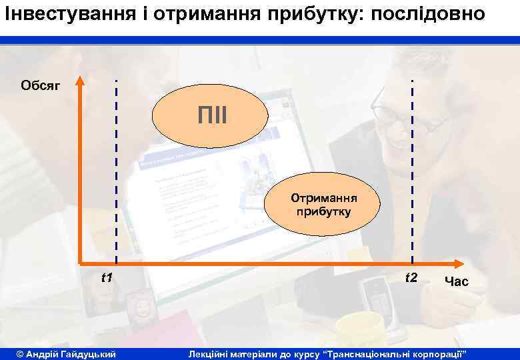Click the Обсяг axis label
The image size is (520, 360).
pos(41,85)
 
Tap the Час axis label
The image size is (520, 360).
pos(456,282)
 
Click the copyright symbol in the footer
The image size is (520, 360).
pos(19,353)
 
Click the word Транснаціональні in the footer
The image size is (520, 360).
pos(368,353)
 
